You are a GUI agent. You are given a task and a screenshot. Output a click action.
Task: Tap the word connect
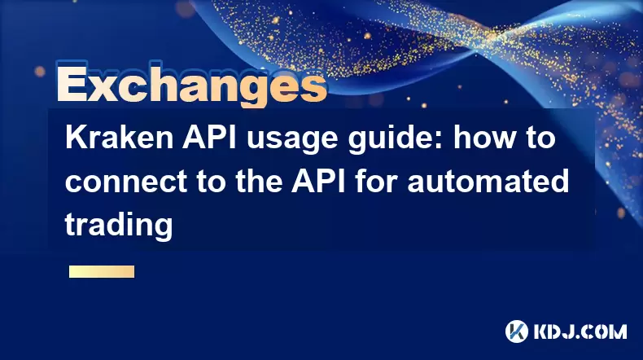click(126, 182)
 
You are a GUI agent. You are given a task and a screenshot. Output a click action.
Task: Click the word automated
click(488, 181)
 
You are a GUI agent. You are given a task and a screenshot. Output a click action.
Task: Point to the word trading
click(119, 226)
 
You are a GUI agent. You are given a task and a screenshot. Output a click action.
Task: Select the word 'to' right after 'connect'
click(211, 182)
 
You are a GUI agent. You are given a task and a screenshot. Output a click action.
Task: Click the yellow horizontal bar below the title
click(102, 271)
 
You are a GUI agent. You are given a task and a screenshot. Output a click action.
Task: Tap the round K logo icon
click(517, 331)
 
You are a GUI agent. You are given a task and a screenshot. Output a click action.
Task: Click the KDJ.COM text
click(580, 331)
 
